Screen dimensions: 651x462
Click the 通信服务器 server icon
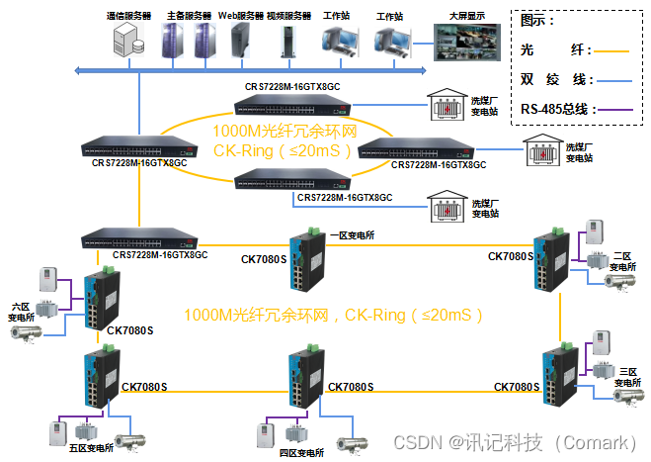pos(128,40)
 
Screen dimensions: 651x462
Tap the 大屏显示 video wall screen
pos(466,42)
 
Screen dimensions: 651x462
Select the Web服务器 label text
pos(241,16)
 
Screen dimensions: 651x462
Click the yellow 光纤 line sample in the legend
pos(611,51)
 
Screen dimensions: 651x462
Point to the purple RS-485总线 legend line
pos(615,110)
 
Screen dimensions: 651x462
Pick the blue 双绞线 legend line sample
pos(614,81)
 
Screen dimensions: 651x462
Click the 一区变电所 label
pos(352,235)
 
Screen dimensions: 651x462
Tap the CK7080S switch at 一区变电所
pos(307,259)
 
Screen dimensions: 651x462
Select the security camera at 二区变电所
pos(619,282)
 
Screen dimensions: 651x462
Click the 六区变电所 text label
pos(21,312)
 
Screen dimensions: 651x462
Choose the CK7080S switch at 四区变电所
pos(306,377)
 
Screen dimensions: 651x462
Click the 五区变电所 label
pos(91,448)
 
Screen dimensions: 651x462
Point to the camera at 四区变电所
pos(352,444)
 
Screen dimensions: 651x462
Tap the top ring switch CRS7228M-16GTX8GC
pos(292,105)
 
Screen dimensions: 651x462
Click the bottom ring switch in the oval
pos(292,179)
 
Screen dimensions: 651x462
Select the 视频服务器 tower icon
pos(288,42)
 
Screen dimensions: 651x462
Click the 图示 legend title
pos(536,20)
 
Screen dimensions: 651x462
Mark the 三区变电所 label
pos(627,377)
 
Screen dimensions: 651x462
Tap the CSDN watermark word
pos(418,442)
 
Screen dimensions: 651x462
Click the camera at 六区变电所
pos(26,333)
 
